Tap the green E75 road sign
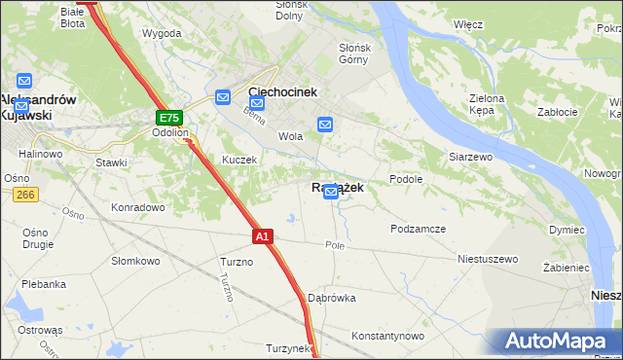(167, 118)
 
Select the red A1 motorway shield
(262, 235)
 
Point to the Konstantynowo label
(388, 336)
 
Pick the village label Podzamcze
(418, 229)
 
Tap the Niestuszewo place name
(488, 260)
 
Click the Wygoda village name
(162, 33)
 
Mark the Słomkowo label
(135, 261)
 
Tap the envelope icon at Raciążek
(331, 193)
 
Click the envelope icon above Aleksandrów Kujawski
(24, 82)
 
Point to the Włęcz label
(468, 23)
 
